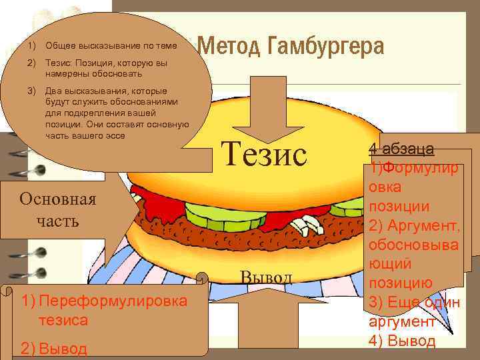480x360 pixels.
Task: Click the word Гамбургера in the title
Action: (326, 47)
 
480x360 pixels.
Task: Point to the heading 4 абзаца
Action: (401, 148)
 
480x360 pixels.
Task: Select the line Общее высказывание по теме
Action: (111, 46)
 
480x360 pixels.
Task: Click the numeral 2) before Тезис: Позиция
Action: (31, 62)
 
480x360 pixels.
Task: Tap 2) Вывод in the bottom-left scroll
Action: (54, 349)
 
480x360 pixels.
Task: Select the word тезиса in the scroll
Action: (63, 320)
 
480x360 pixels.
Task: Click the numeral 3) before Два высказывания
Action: (31, 90)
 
